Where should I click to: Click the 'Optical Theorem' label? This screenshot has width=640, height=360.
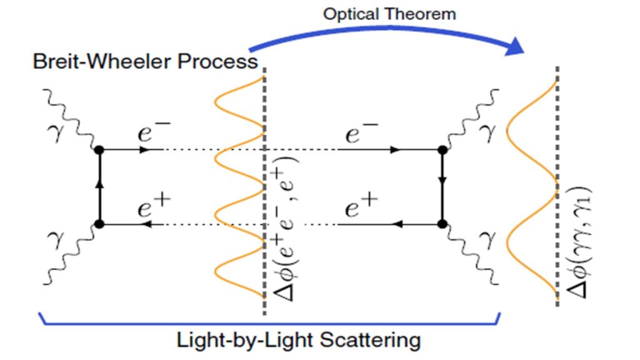click(x=389, y=14)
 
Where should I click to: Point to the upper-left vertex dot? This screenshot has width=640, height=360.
click(x=99, y=150)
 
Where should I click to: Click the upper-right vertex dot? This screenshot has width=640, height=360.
click(x=442, y=150)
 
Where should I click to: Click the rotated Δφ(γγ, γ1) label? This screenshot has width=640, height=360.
click(x=579, y=241)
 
